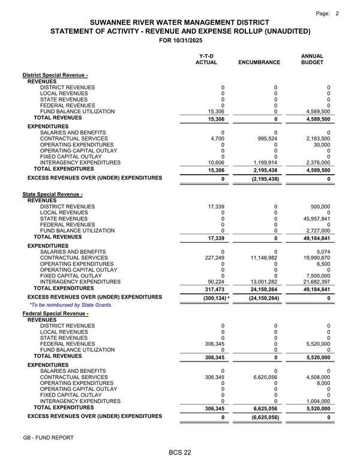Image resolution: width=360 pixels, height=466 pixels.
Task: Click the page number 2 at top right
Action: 337,13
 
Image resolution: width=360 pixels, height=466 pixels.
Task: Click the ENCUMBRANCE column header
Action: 259,62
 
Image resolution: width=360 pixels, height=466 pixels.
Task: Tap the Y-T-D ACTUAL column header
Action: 206,59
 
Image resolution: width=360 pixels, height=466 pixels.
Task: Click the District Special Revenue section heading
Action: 55,74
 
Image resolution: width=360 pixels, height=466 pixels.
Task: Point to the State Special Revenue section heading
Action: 53,195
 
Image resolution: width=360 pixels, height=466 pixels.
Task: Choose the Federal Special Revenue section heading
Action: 56,314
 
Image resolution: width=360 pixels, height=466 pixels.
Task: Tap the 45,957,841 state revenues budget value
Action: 315,219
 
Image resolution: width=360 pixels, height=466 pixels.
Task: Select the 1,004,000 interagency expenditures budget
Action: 317,401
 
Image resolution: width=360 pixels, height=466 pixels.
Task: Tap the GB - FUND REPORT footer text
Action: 48,438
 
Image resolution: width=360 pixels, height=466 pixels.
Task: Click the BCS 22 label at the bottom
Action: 179,452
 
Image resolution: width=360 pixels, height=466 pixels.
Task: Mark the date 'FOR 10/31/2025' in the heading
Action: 180,41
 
